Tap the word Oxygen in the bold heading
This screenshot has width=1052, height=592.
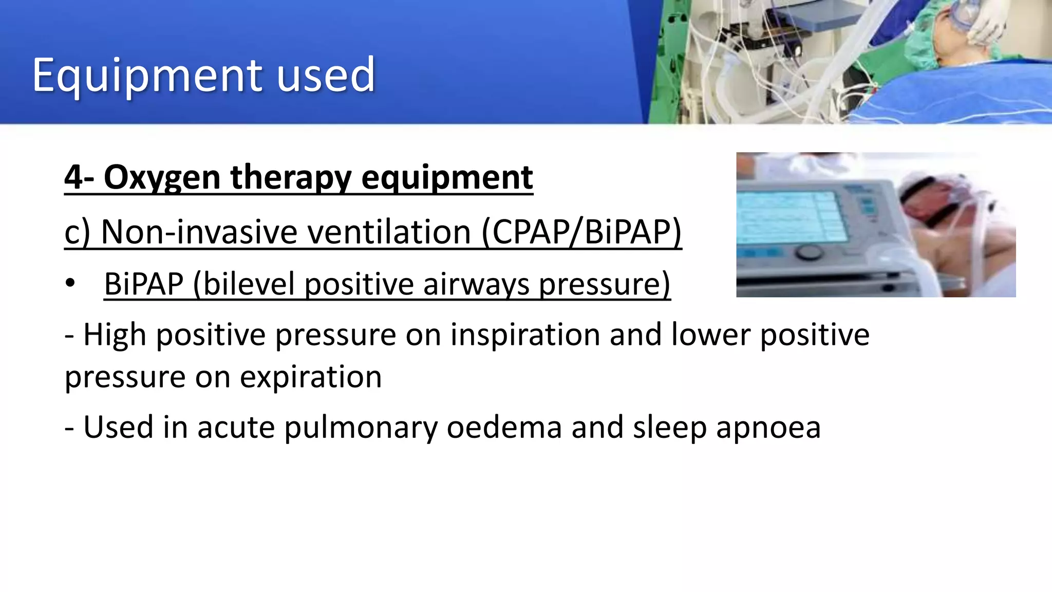(162, 178)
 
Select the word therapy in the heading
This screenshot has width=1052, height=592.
(291, 178)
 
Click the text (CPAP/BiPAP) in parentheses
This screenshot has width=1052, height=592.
(581, 232)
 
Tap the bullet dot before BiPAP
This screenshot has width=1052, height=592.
(70, 284)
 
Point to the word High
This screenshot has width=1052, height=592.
(115, 335)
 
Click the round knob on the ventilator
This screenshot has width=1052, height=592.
(808, 252)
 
